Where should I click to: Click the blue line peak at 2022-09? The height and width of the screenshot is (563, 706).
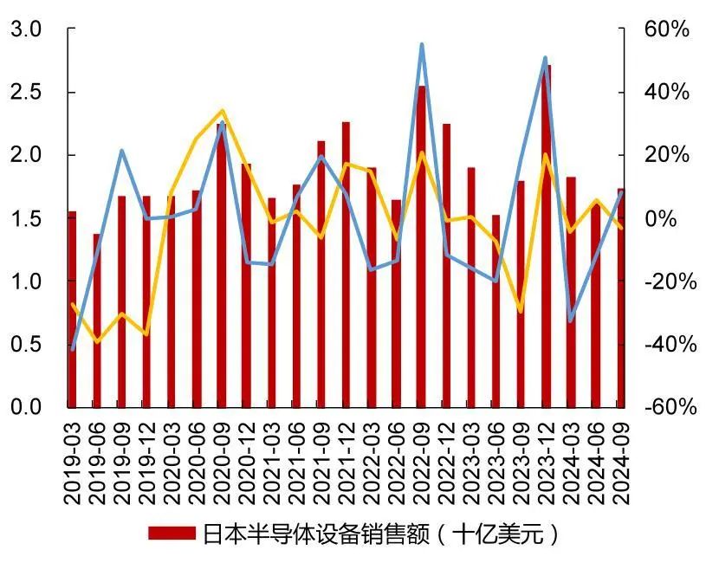click(421, 44)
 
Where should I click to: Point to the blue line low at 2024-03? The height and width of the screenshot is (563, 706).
click(570, 320)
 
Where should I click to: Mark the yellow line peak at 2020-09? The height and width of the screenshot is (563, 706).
click(222, 110)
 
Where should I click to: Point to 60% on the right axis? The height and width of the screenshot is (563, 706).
click(668, 29)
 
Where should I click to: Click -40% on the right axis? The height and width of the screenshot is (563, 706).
click(668, 345)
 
